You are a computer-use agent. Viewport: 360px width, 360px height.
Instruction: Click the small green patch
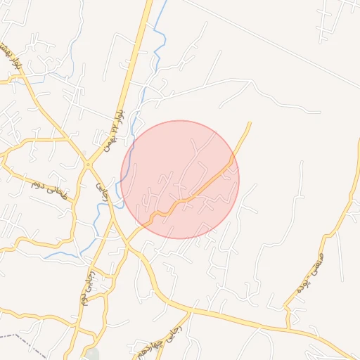(x=94, y=354)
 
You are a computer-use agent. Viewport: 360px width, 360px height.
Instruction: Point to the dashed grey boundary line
(x=28, y=345)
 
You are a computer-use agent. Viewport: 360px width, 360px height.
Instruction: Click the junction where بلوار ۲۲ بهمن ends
(x=88, y=165)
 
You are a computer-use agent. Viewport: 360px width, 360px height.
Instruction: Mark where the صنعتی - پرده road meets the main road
(x=288, y=329)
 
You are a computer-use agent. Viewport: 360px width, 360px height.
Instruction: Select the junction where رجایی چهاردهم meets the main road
(x=190, y=309)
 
